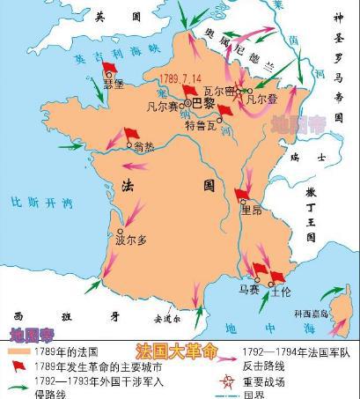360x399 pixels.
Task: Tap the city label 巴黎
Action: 202,101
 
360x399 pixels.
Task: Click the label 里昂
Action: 253,210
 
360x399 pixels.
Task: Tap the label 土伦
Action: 282,287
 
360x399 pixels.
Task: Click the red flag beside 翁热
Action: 130,134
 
